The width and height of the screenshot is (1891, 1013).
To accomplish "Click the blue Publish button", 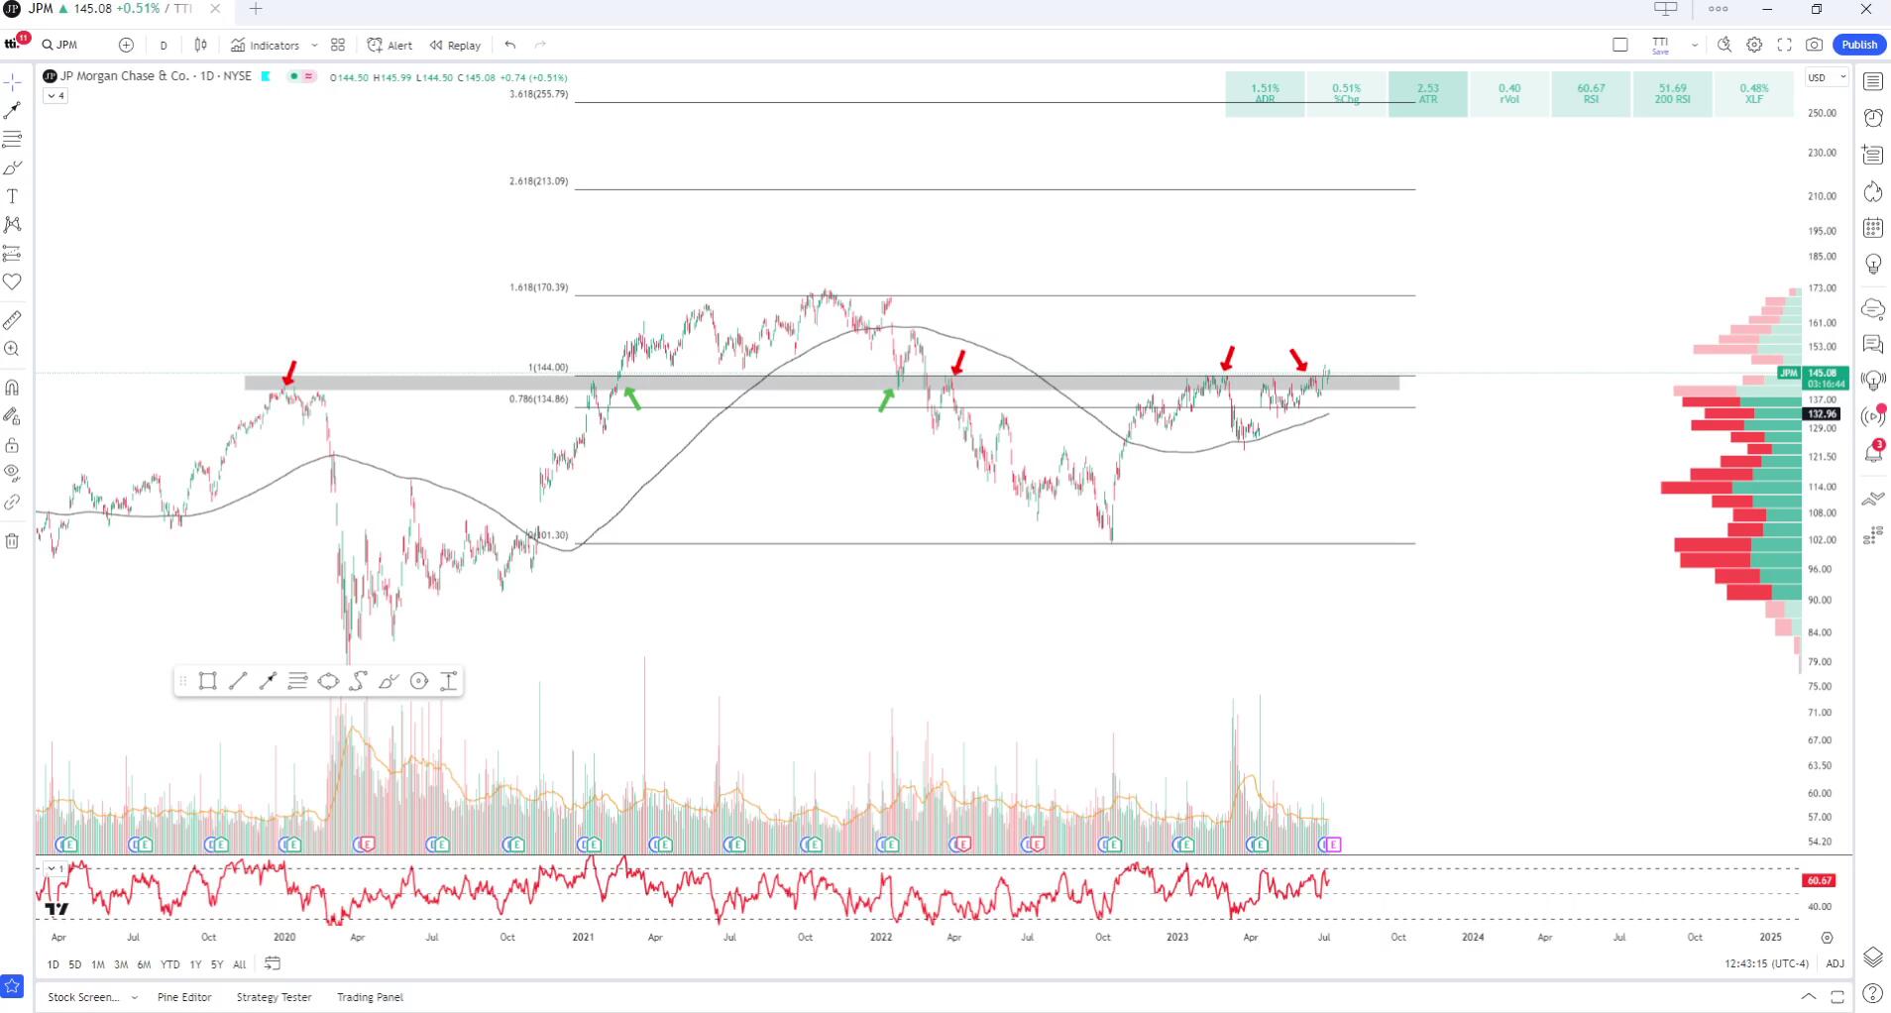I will pyautogui.click(x=1858, y=45).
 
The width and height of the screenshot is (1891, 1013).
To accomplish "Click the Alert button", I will pyautogui.click(x=390, y=46).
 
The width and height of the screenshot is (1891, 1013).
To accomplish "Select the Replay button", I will pyautogui.click(x=456, y=46).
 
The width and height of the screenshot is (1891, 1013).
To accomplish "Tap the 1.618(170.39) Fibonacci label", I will pyautogui.click(x=539, y=287).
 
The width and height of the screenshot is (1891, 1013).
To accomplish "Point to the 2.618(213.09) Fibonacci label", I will pyautogui.click(x=539, y=181).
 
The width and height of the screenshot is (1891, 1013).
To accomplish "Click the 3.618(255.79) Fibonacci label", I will pyautogui.click(x=539, y=94).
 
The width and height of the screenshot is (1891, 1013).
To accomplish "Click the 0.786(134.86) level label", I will pyautogui.click(x=539, y=399).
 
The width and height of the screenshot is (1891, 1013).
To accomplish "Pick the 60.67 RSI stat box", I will pyautogui.click(x=1591, y=93).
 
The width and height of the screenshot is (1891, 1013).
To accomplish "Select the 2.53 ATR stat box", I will pyautogui.click(x=1427, y=93).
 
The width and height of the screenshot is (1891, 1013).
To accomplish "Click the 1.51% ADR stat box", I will pyautogui.click(x=1265, y=93).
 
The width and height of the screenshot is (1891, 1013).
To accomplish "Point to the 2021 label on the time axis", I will pyautogui.click(x=583, y=937).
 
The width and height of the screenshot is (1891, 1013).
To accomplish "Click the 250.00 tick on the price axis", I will pyautogui.click(x=1822, y=113).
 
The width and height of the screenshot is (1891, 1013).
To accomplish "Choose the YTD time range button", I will pyautogui.click(x=170, y=964).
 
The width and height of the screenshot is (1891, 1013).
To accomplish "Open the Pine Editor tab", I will pyautogui.click(x=184, y=997).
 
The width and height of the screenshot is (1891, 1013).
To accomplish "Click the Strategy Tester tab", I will pyautogui.click(x=274, y=997).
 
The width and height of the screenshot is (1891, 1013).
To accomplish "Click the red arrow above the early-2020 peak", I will pyautogui.click(x=289, y=373).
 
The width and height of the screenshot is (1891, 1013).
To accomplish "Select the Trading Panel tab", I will pyautogui.click(x=370, y=997).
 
